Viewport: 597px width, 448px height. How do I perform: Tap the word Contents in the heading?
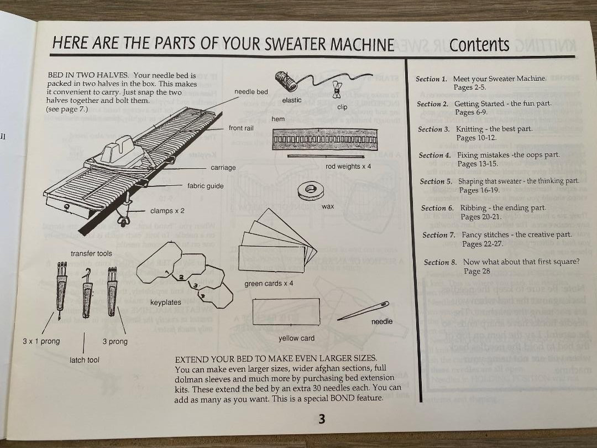[479, 45]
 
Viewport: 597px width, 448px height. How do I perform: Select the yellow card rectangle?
[286, 312]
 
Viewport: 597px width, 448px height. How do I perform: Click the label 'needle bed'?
[251, 92]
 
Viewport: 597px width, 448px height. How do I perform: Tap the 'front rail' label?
[241, 128]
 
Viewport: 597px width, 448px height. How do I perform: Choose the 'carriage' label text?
[223, 168]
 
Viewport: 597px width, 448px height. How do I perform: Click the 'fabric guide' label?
[206, 186]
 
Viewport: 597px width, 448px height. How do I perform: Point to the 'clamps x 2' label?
[167, 211]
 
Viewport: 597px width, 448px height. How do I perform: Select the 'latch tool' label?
[85, 360]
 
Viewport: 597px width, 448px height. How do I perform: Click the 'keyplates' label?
[165, 303]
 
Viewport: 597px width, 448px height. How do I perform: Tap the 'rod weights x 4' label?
[349, 166]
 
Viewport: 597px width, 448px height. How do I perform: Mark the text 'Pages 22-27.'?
[483, 244]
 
